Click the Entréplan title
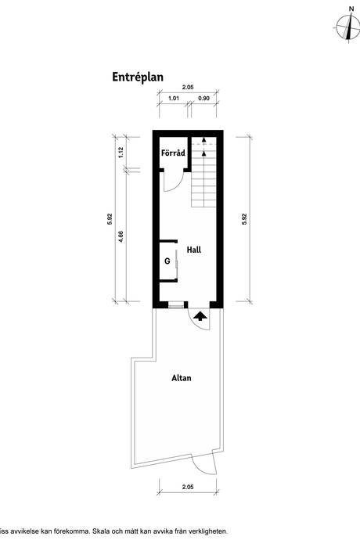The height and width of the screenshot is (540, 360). (138, 77)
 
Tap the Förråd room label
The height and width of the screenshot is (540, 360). (173, 153)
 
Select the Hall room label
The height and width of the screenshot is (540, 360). (194, 250)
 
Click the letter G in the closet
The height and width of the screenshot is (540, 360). (167, 261)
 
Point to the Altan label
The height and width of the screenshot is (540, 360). (182, 378)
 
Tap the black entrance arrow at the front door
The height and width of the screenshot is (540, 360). (200, 316)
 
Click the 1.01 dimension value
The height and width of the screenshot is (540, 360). (174, 98)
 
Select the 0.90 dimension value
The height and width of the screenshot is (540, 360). (204, 98)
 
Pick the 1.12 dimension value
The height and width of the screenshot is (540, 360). (121, 153)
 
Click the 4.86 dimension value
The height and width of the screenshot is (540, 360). (121, 236)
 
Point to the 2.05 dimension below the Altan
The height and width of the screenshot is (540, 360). (188, 487)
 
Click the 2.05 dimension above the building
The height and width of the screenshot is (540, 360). (188, 87)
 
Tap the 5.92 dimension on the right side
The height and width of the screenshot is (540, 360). (244, 219)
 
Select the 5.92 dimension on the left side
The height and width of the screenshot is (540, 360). (110, 219)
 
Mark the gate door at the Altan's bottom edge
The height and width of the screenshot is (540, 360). (204, 465)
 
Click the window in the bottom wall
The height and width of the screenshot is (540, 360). (175, 304)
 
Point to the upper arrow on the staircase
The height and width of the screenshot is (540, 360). (204, 139)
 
